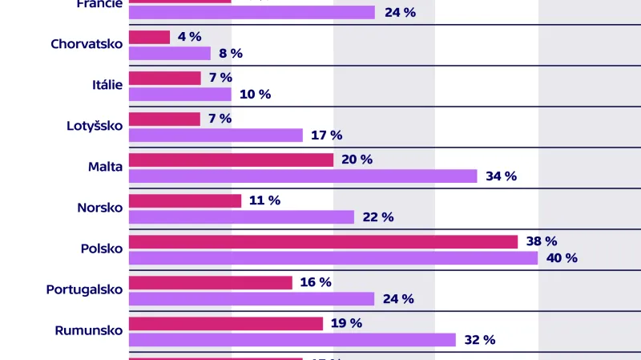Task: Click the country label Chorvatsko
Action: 87,44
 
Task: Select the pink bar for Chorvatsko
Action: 149,37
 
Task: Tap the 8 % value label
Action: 230,54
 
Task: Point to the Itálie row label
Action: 107,85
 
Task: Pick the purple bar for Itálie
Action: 179,95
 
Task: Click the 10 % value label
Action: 255,95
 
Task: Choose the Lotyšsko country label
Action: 95,126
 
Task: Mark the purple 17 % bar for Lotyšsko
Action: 216,136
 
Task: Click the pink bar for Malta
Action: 231,160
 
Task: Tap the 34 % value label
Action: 501,176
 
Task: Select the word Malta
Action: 105,167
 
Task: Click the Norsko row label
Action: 99,208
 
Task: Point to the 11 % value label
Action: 264,200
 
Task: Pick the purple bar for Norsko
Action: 241,217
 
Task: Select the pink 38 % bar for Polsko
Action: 323,241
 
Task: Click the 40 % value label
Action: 561,258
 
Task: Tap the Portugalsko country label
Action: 84,289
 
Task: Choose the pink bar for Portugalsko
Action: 210,282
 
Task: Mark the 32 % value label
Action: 479,340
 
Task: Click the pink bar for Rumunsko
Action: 225,323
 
